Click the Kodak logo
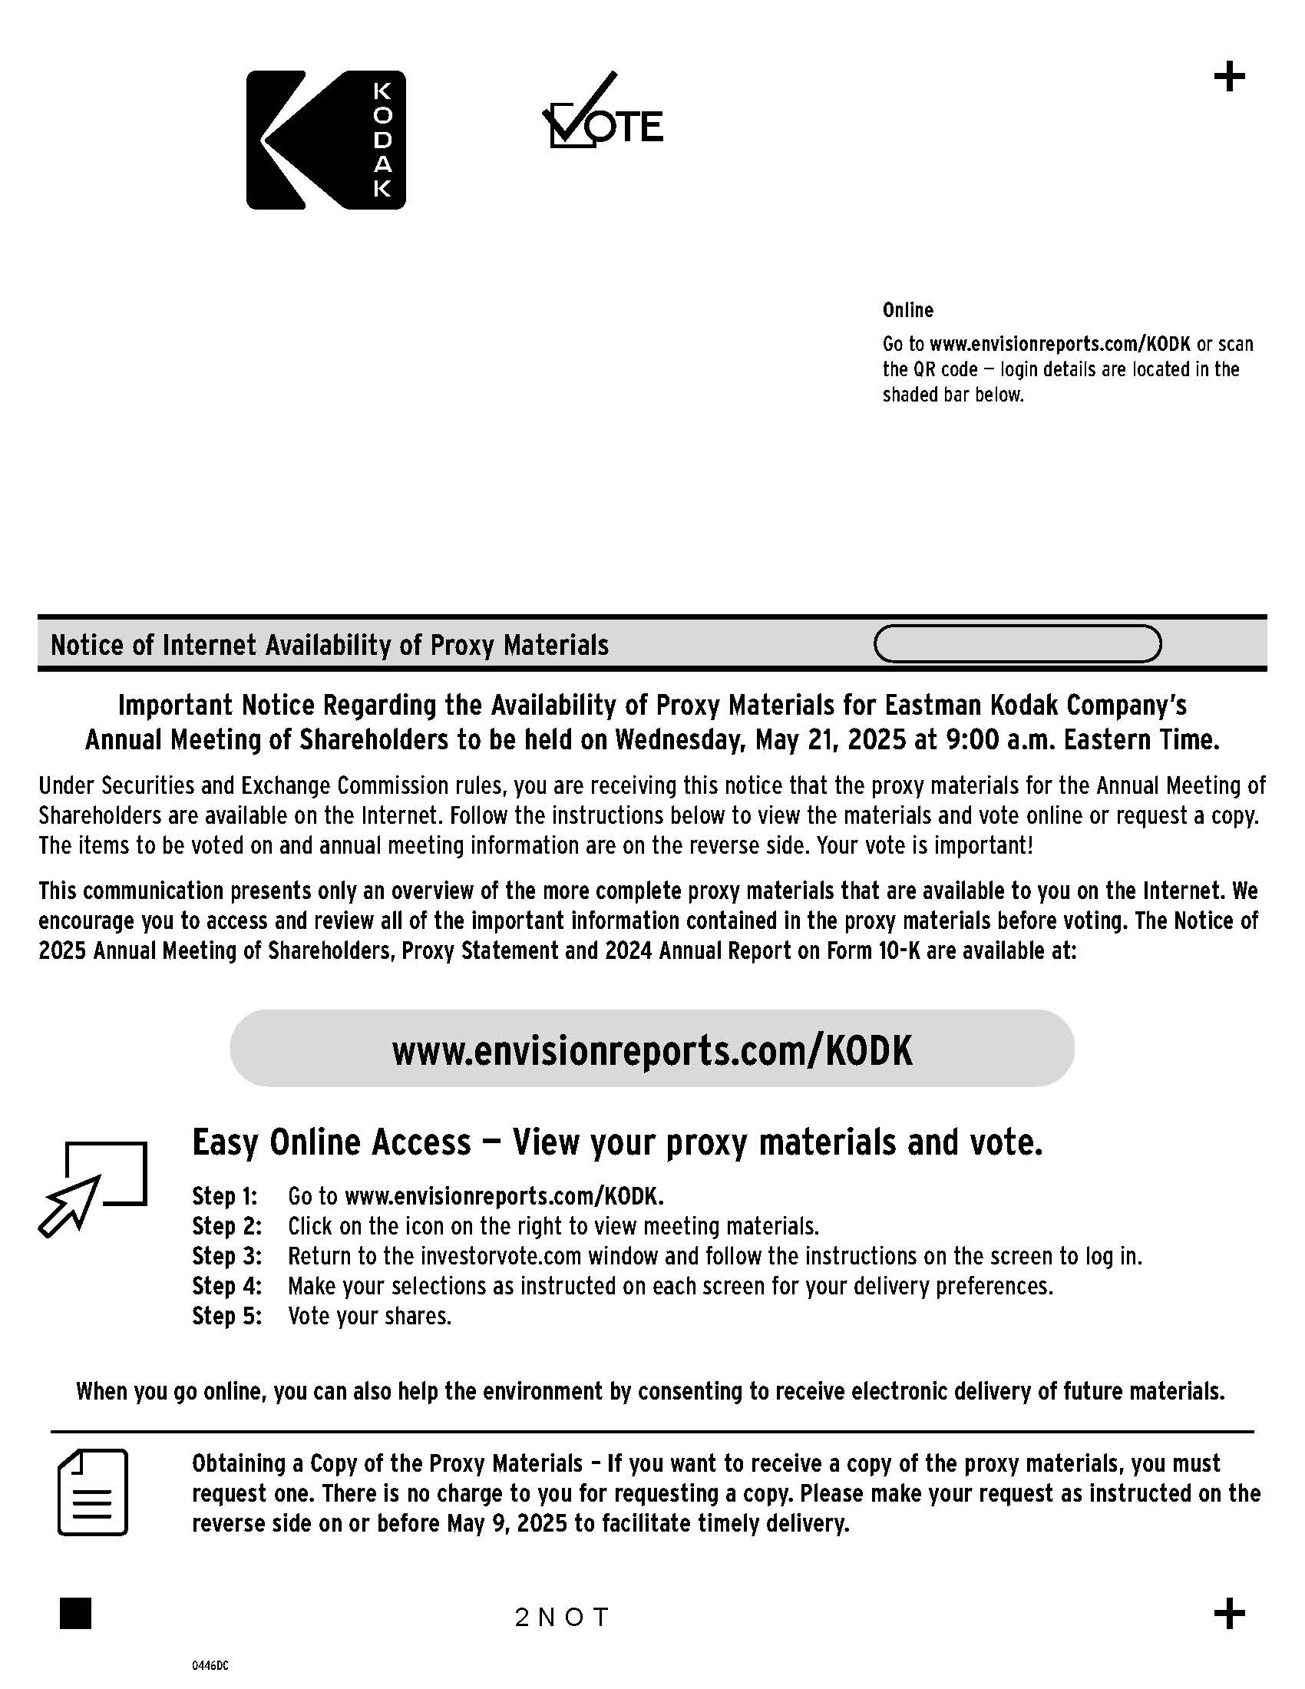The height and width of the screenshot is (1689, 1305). [325, 140]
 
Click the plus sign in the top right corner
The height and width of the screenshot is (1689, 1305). [1229, 78]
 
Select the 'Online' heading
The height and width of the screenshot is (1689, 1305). [907, 310]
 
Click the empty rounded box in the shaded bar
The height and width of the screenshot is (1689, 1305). [1016, 644]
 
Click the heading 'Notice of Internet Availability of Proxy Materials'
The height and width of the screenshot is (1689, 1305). [329, 645]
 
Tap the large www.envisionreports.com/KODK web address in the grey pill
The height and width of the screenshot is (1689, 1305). [652, 1050]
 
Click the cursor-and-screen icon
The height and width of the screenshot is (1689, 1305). [93, 1188]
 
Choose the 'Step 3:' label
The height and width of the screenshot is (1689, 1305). [226, 1256]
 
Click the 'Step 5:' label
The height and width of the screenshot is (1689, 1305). [226, 1315]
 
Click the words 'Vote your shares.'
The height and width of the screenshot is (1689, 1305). [369, 1315]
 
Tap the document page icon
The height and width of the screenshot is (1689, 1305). [93, 1492]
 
